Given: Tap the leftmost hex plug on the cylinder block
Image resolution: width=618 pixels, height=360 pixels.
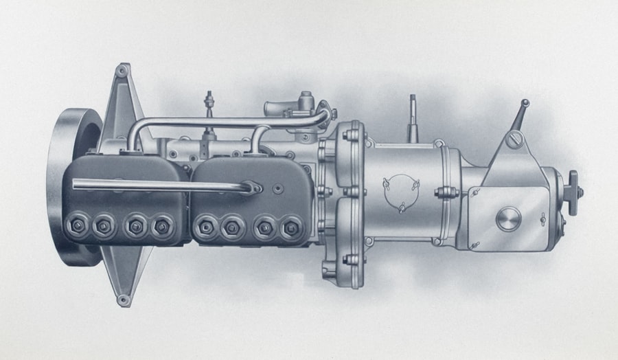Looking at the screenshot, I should click(73, 225).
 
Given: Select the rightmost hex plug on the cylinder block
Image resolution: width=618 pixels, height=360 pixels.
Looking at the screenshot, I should click(291, 227).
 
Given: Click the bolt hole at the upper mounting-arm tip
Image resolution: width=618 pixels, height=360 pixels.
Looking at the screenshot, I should click(122, 71).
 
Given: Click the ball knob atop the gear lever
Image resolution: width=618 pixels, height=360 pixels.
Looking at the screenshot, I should click(525, 104).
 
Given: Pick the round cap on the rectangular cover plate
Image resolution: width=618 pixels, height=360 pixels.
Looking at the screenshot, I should click(508, 219).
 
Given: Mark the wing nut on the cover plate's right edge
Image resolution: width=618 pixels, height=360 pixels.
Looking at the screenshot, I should click(542, 219).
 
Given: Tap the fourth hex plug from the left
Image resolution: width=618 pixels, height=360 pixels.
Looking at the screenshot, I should click(163, 225).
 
